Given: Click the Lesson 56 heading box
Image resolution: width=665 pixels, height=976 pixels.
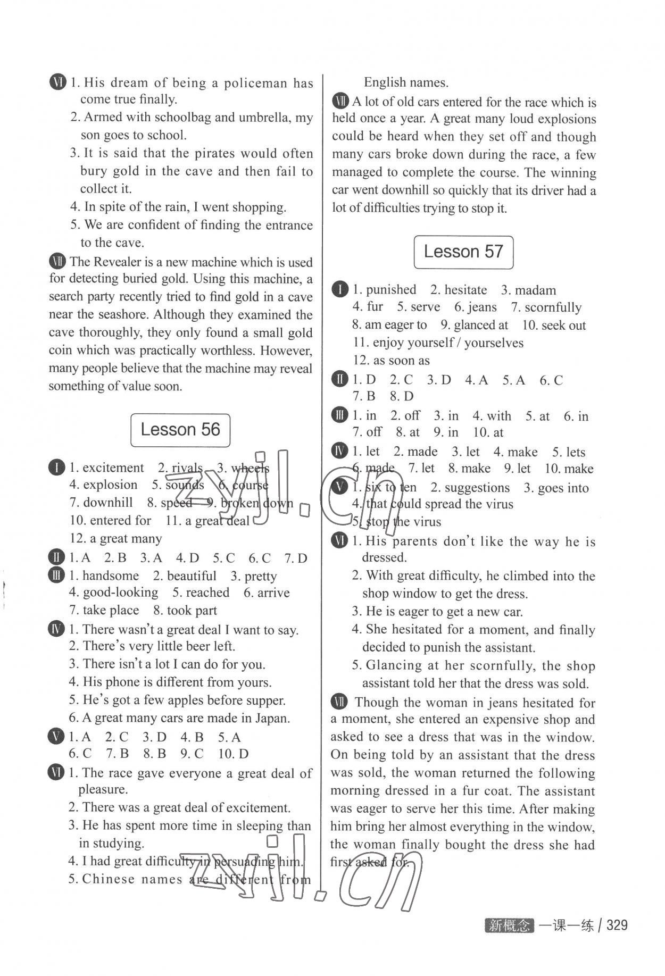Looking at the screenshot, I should click(180, 430).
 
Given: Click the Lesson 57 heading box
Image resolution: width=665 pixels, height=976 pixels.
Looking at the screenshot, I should click(463, 252).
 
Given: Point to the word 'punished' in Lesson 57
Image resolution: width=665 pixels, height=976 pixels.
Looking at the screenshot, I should click(391, 289).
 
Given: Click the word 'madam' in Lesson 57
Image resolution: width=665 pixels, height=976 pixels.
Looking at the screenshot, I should click(535, 290).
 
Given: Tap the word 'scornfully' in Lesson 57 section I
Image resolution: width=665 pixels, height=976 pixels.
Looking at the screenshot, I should click(553, 307).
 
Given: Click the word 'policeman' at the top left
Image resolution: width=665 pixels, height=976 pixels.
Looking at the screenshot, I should click(256, 83).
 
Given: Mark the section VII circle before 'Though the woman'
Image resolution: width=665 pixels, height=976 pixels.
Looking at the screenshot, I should click(339, 702).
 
